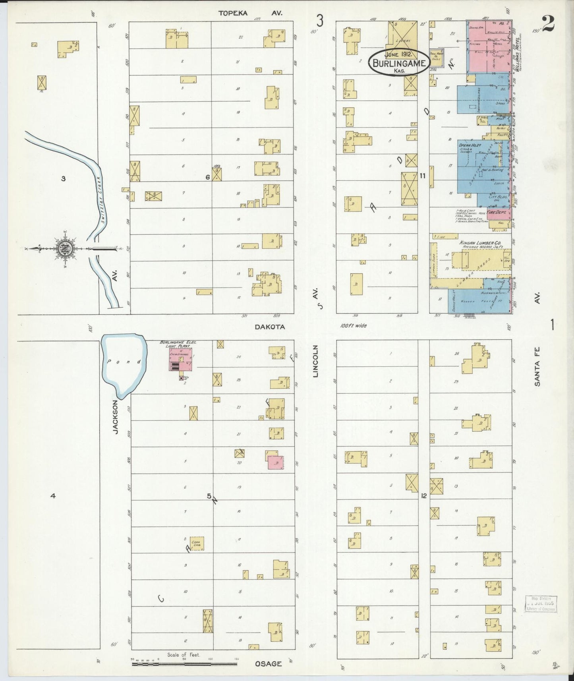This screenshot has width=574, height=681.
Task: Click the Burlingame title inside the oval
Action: [399, 63]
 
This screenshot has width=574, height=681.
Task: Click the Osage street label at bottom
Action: [269, 664]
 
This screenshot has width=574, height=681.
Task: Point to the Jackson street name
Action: [116, 416]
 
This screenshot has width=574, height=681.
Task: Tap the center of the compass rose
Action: [64, 249]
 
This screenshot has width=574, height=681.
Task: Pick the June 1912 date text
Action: [399, 54]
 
